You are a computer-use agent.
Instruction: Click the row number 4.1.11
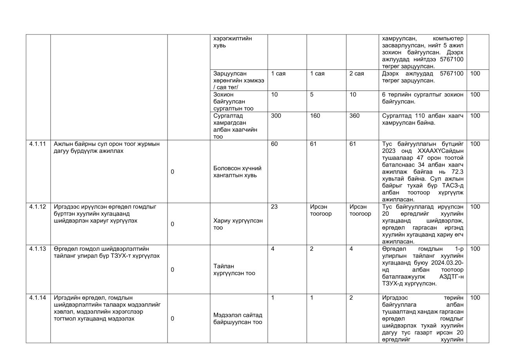(38, 144)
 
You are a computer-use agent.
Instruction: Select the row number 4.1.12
(38, 206)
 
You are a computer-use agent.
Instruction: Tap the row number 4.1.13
(38, 249)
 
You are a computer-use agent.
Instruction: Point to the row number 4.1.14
(38, 298)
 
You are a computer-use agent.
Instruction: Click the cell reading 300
(276, 116)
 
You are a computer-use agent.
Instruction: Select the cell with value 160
(315, 116)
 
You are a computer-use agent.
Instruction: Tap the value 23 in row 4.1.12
(274, 206)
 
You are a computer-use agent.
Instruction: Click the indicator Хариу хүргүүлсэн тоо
(238, 224)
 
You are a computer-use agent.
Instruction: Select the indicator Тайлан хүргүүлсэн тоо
(234, 270)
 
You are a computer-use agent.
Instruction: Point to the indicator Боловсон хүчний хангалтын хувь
(237, 172)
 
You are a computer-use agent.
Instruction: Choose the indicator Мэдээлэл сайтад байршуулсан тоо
(238, 318)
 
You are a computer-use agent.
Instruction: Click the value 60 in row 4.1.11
(274, 144)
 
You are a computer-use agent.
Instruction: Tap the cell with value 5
(312, 94)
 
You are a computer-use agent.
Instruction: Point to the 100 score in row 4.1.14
(475, 298)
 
